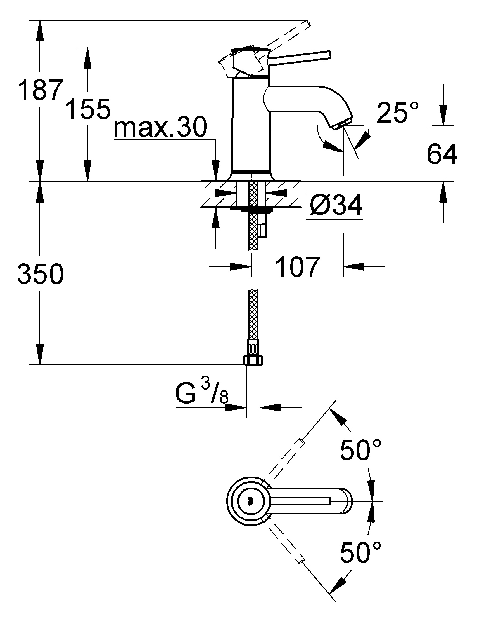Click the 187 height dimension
40,90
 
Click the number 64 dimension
442,155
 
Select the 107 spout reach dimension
297,267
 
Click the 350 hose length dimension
40,274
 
